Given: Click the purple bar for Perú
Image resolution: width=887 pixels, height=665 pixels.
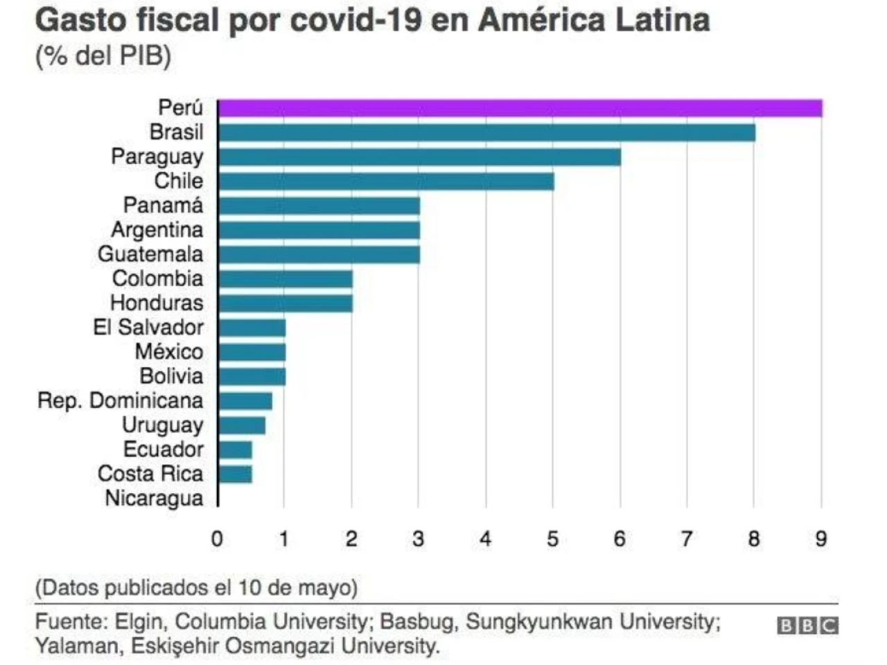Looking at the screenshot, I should pos(520,109).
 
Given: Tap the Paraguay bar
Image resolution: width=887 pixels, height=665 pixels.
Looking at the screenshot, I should pos(419,157).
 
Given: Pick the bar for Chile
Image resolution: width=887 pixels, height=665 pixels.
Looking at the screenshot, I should pos(386,181).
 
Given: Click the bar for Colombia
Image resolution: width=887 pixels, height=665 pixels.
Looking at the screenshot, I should pos(285,279).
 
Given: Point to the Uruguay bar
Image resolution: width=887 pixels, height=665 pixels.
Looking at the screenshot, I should pos(242,425).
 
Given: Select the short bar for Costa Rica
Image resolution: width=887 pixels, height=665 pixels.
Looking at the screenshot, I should pos(236,475).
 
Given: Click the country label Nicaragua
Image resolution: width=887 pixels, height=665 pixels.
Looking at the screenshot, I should pos(154,499).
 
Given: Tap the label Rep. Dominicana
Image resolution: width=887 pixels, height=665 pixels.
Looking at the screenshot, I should pos(120,401).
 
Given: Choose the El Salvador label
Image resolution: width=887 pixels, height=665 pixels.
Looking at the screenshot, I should pos(148,328).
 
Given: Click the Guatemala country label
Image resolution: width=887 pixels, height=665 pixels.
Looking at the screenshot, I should pos(150,254).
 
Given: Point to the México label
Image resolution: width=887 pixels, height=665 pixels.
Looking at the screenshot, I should pos(169,352).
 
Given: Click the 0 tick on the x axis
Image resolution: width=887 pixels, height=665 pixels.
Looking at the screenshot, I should pos(217,539).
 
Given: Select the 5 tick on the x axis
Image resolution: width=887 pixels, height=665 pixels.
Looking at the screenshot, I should pos(552,539).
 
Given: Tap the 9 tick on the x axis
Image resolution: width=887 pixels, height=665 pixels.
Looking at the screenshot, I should pos(821,539).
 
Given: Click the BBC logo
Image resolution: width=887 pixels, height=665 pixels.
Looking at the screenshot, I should pos(807,626).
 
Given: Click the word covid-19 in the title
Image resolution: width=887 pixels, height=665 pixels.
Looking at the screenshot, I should pos(355,21).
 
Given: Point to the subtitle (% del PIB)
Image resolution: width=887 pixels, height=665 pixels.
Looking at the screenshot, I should pos(103,56).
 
